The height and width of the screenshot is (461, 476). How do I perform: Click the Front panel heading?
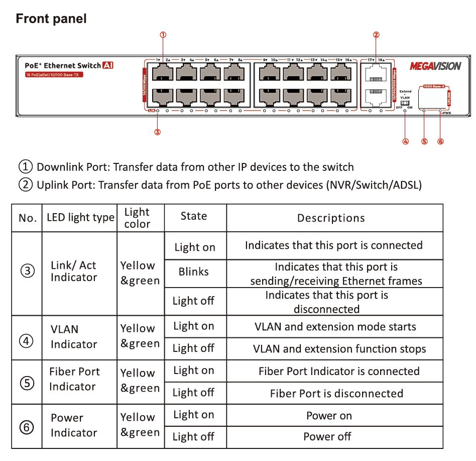pyautogui.click(x=51, y=19)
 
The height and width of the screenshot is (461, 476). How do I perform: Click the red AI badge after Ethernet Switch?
pyautogui.click(x=108, y=65)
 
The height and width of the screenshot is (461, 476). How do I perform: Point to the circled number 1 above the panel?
pyautogui.click(x=163, y=35)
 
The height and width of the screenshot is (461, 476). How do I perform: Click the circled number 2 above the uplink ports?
pyautogui.click(x=376, y=35)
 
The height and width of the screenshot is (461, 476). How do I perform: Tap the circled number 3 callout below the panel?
pyautogui.click(x=158, y=132)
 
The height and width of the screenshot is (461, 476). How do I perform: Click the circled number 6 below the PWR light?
pyautogui.click(x=441, y=141)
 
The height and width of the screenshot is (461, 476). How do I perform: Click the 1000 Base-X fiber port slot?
pyautogui.click(x=433, y=98)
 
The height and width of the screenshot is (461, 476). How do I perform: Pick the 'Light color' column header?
pyautogui.click(x=137, y=218)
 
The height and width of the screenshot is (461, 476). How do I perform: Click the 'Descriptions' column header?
pyautogui.click(x=331, y=218)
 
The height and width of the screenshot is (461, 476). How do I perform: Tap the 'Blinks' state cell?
pyautogui.click(x=193, y=272)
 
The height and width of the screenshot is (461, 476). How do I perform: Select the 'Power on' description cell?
pyautogui.click(x=329, y=416)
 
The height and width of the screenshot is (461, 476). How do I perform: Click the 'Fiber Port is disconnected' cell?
pyautogui.click(x=336, y=393)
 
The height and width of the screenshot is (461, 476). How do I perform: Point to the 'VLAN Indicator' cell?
pyautogui.click(x=73, y=337)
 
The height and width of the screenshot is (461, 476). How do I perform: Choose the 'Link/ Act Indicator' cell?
pyautogui.click(x=73, y=271)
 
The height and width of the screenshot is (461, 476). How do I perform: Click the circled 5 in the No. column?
pyautogui.click(x=27, y=383)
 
